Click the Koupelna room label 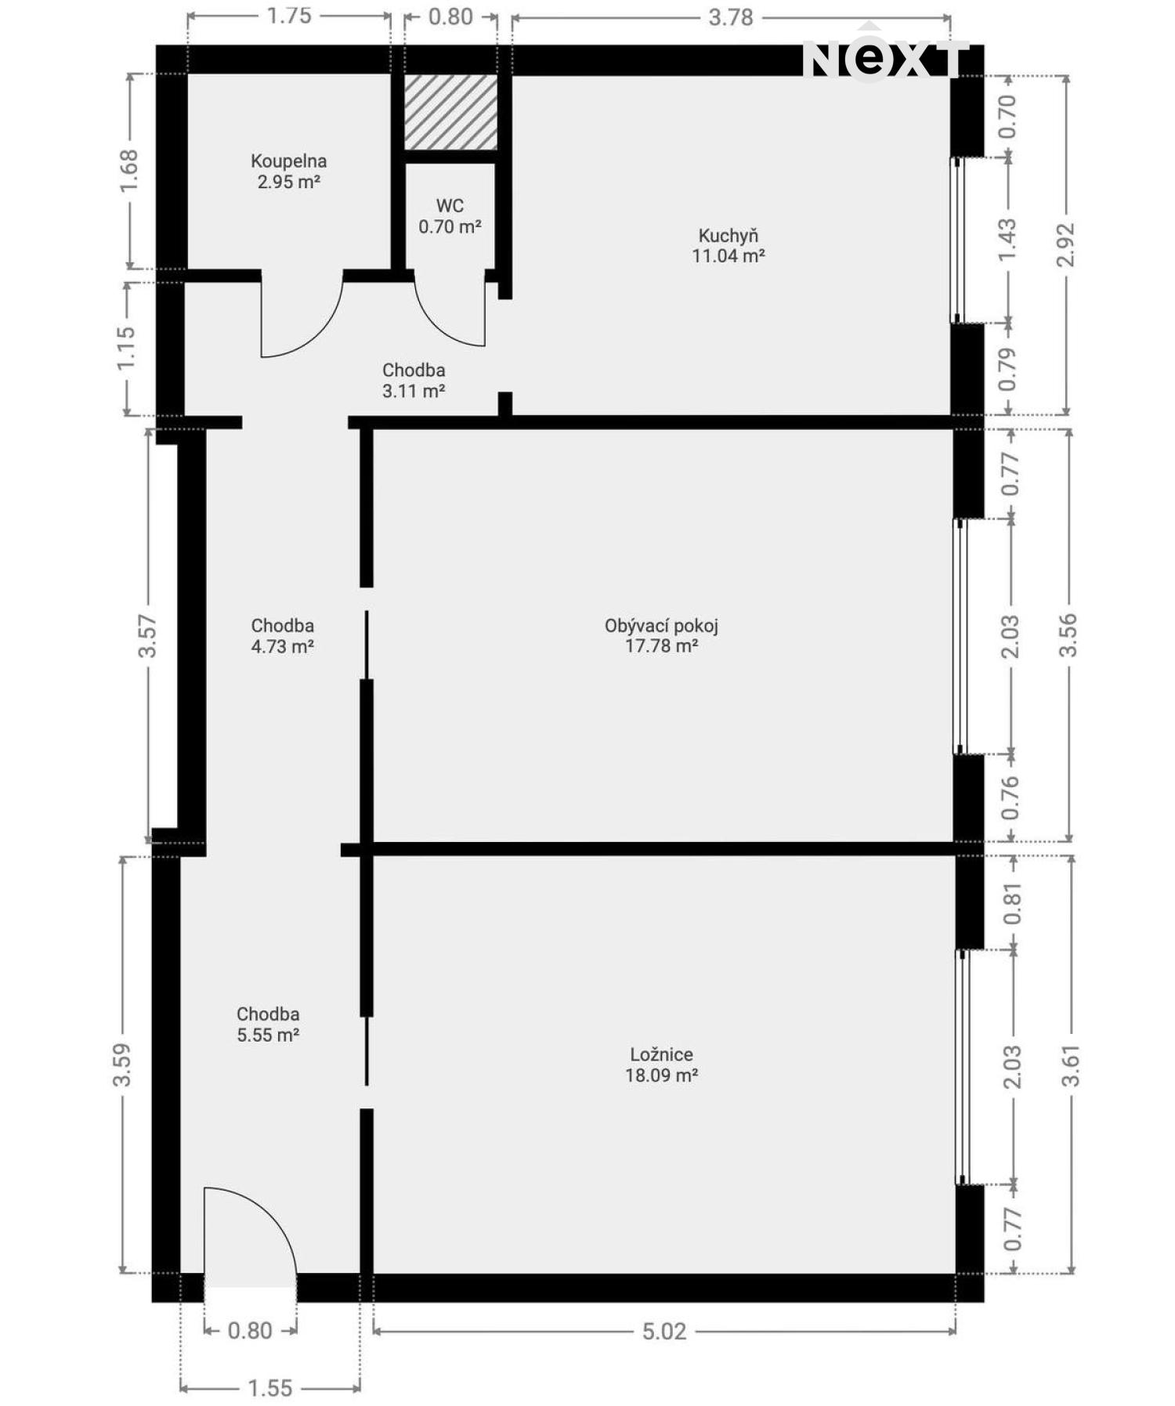[288, 172]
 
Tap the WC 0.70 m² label [450, 216]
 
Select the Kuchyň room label [728, 245]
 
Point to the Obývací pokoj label [661, 635]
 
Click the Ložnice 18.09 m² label [661, 1064]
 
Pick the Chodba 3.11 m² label [414, 380]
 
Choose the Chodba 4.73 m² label [282, 635]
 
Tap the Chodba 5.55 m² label [268, 1024]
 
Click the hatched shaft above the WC [450, 112]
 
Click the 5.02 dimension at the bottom [663, 1331]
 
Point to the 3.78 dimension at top [730, 16]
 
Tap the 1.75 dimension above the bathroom [289, 16]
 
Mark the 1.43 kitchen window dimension [1007, 240]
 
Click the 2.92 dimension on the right [1066, 244]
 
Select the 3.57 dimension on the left [147, 636]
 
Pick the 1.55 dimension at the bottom [269, 1388]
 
